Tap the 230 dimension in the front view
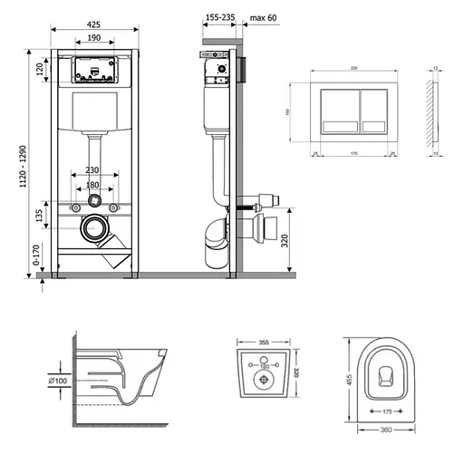[x=93, y=169]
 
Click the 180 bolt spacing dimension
[x=93, y=186]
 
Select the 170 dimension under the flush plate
[x=356, y=154]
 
